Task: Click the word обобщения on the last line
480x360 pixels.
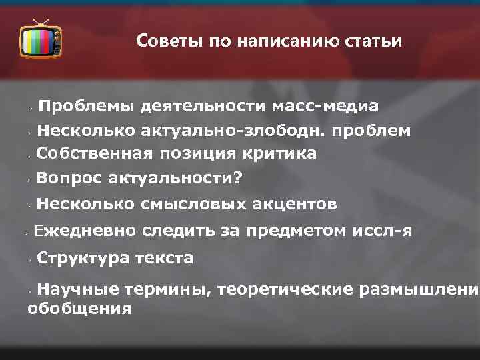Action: tap(79, 309)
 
